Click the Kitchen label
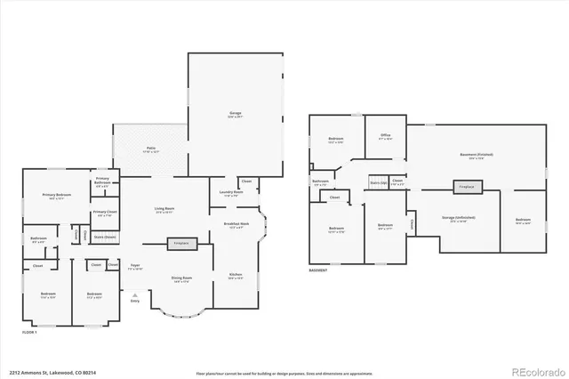coord(236,275)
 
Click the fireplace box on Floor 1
coord(180,242)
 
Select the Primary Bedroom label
coord(59,197)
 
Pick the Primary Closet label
coord(104,214)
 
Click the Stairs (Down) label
coord(105,238)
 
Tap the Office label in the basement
coord(385,138)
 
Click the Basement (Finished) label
coord(478,155)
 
